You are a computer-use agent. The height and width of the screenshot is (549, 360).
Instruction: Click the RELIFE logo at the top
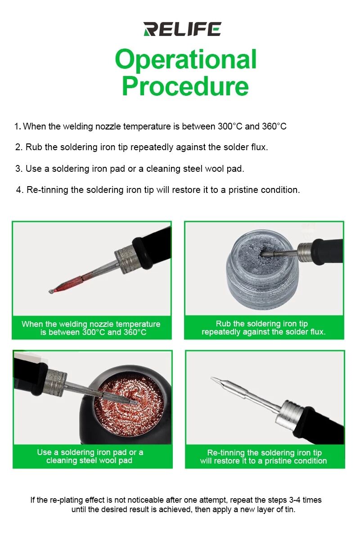click(x=182, y=29)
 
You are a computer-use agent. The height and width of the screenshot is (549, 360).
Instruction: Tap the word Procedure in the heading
click(x=185, y=86)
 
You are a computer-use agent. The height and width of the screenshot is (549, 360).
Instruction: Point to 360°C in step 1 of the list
click(x=274, y=126)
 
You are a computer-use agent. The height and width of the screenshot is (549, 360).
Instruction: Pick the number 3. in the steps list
click(x=19, y=169)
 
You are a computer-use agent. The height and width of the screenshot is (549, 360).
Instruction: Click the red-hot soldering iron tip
click(x=66, y=285)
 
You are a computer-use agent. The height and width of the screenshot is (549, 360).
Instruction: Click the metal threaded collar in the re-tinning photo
click(x=290, y=415)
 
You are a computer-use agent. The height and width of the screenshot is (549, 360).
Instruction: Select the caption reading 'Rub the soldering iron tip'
click(x=261, y=324)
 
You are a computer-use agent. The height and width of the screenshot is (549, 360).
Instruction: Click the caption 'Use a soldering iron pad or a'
click(x=90, y=452)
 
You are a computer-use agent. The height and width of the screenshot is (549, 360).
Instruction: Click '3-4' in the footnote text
click(x=295, y=500)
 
